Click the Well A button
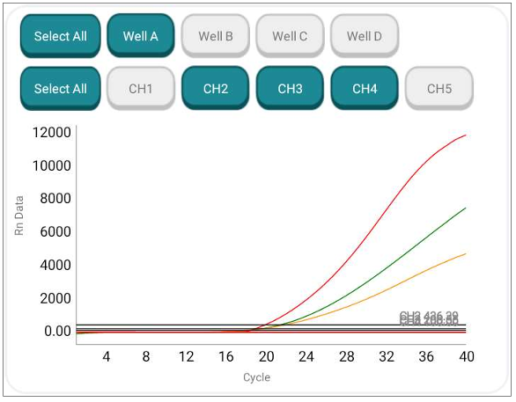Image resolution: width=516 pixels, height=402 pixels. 141,36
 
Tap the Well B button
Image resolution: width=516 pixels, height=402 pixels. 216,36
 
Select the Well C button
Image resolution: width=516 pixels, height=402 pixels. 290,36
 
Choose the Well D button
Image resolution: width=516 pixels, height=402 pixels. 365,36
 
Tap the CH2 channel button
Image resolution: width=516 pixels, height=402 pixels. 216,88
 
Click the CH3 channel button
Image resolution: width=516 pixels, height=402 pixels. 290,88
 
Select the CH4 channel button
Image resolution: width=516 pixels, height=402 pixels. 365,88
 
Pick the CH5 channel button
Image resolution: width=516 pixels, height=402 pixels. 439,88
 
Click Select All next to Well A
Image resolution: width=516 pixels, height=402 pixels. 60,36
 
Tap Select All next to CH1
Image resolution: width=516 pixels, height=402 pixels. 60,88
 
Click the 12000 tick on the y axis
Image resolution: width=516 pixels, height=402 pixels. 51,133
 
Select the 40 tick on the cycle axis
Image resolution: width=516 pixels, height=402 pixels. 467,356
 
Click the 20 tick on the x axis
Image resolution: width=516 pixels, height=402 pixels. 266,356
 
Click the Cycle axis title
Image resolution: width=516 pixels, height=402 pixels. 256,377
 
